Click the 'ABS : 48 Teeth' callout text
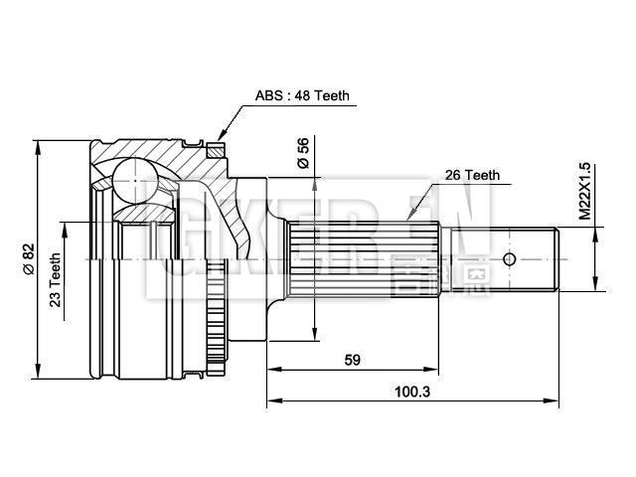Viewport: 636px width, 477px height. coord(302,96)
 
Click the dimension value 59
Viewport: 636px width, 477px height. coord(352,360)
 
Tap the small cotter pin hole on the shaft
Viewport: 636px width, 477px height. coord(509,259)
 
